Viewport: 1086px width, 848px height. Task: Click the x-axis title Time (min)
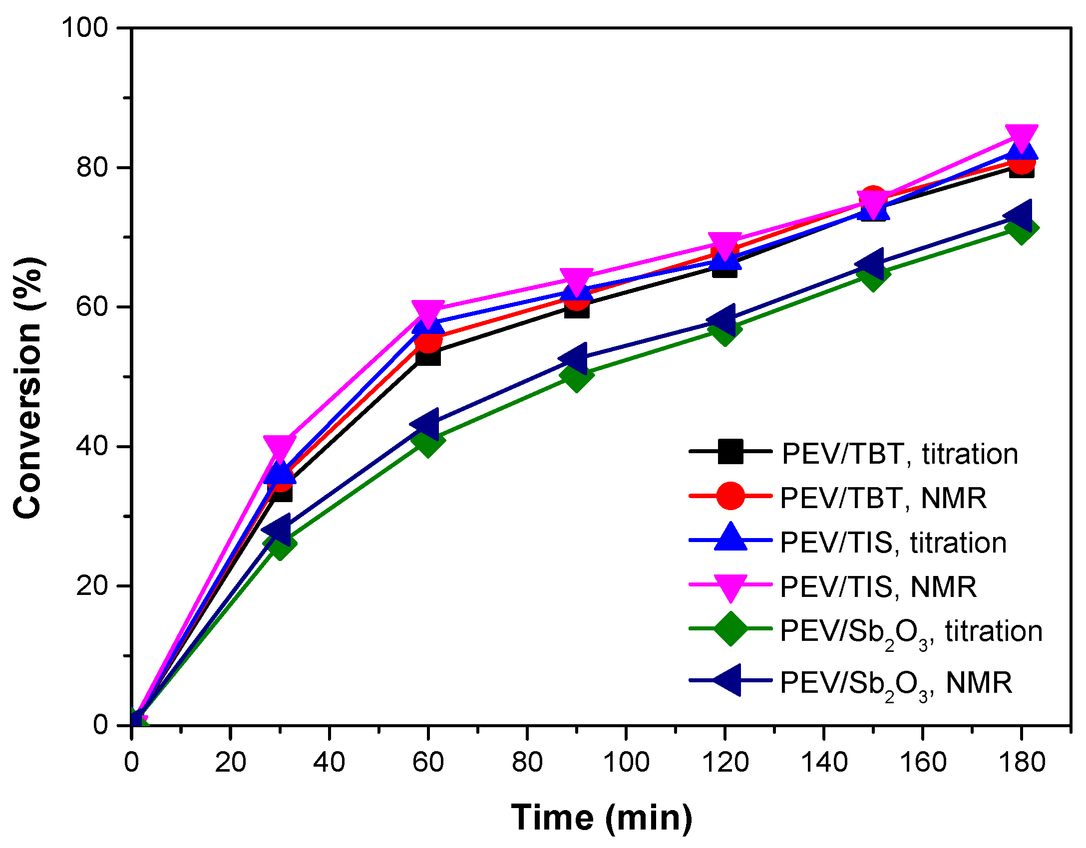coord(601,818)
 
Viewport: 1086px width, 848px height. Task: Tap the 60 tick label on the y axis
coord(92,306)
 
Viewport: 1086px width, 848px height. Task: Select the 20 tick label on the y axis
coord(92,585)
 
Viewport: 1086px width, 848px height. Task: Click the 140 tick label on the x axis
coord(824,762)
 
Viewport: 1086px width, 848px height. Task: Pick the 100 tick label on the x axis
coord(626,762)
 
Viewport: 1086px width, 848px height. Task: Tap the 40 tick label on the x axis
coord(329,762)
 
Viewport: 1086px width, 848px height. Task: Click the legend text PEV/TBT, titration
coord(899,454)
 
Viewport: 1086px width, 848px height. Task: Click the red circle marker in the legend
coord(730,496)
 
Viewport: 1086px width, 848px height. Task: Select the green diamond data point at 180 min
coord(1021,229)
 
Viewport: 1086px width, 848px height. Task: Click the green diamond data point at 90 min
coord(576,375)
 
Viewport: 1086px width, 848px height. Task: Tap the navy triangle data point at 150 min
coord(871,264)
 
